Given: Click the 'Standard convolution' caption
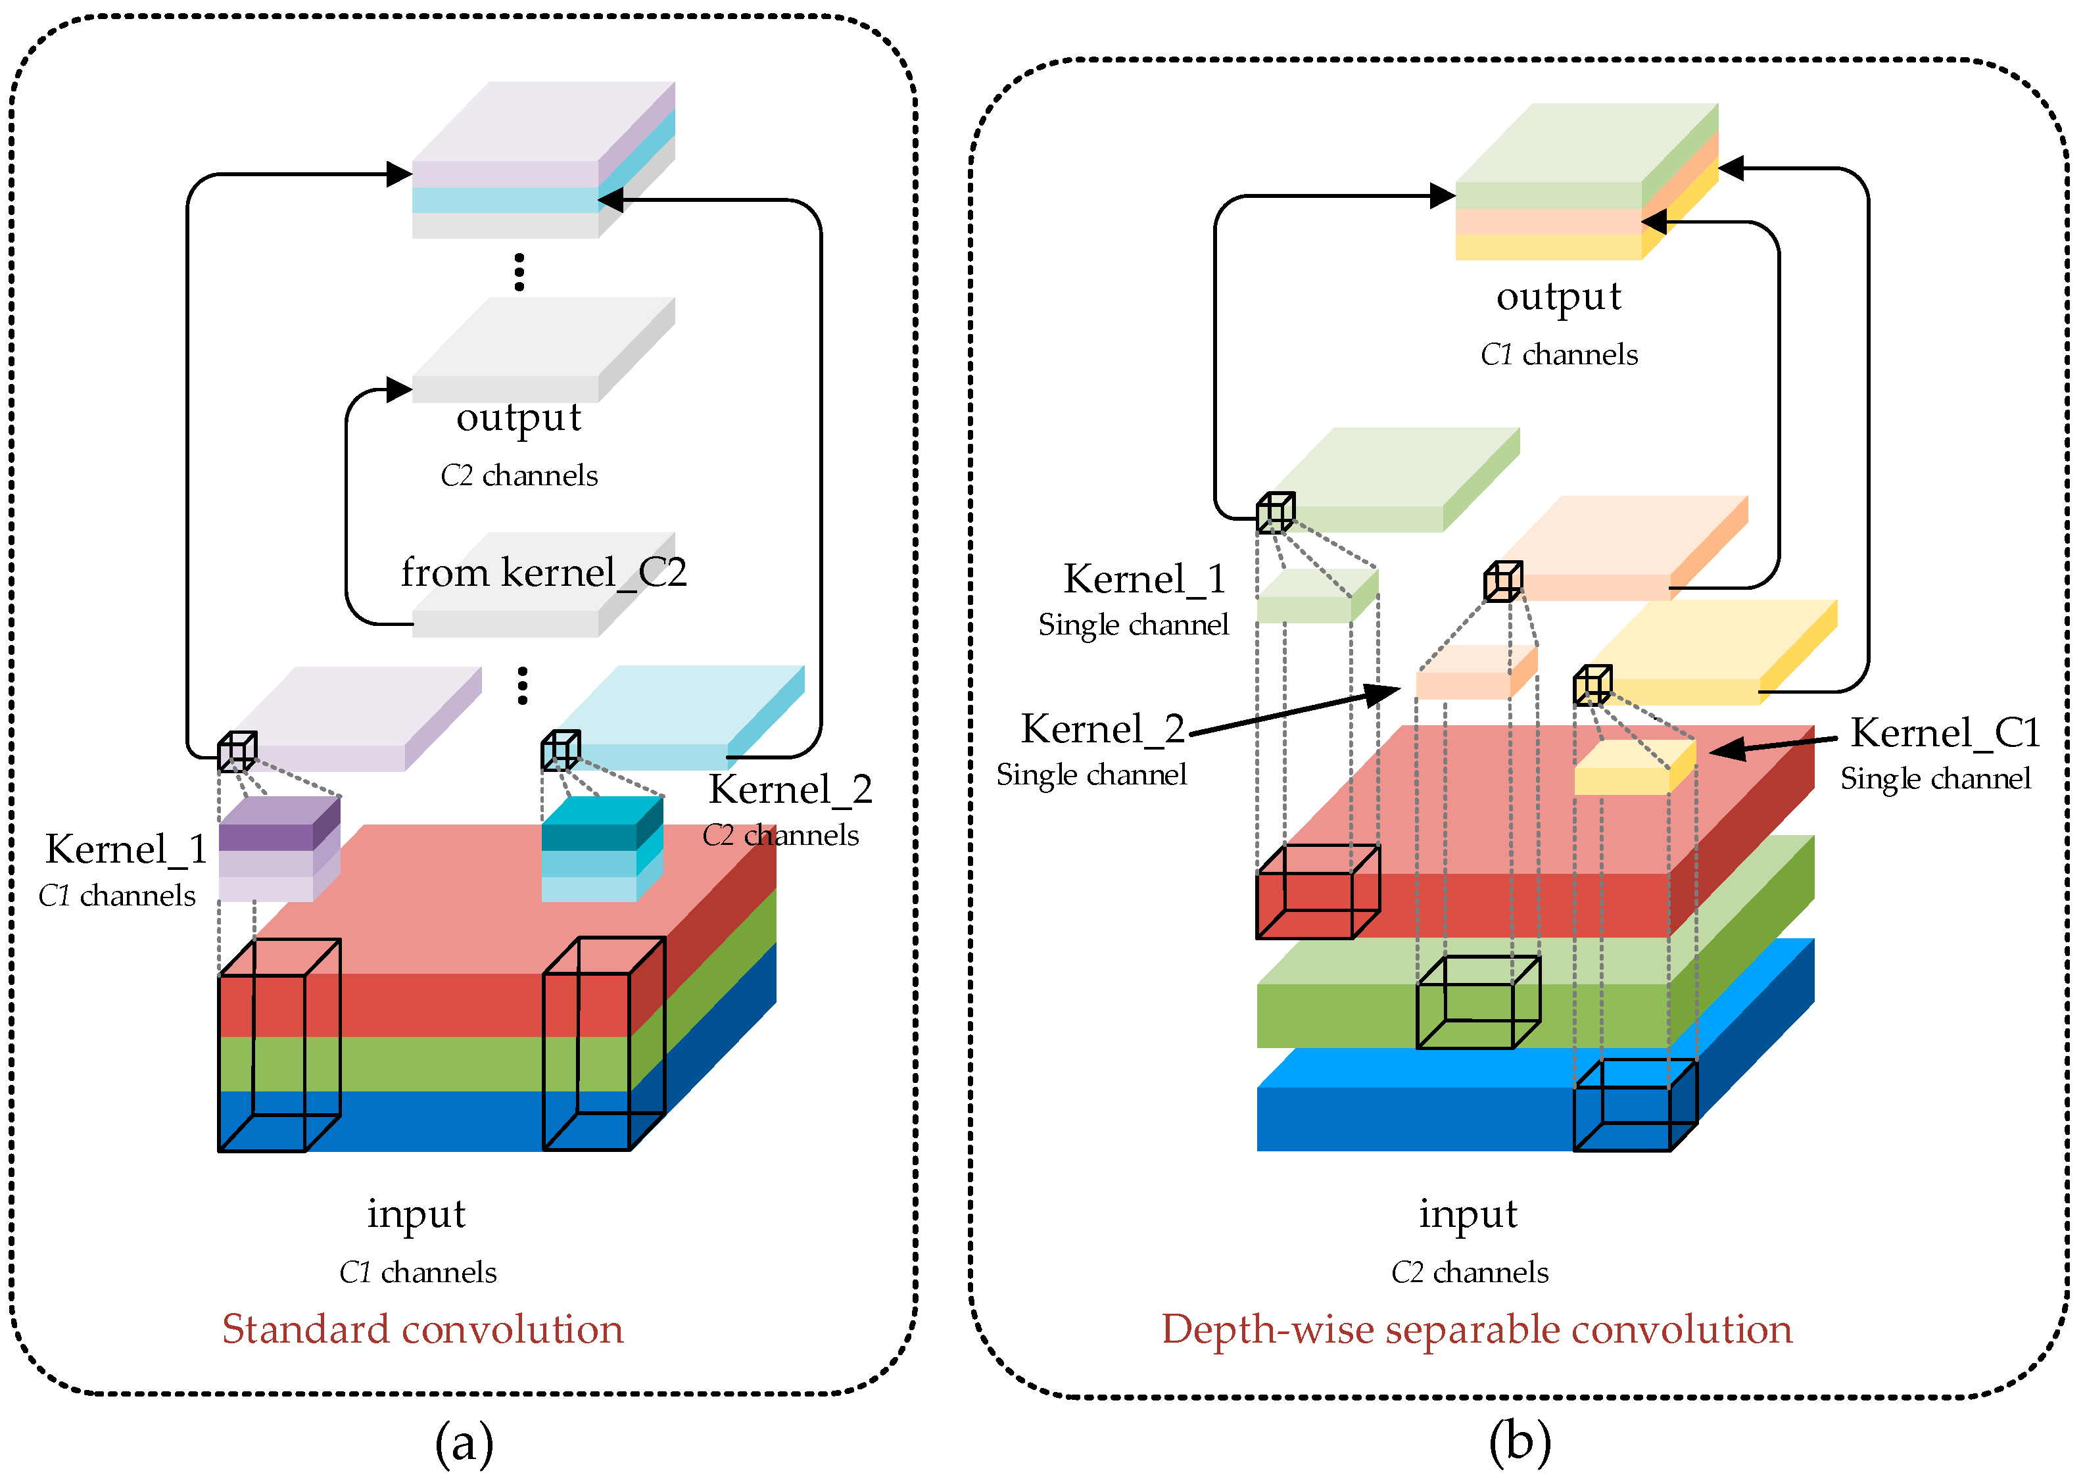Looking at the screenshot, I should (x=422, y=1329).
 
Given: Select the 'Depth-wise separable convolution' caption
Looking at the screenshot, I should (x=1476, y=1329).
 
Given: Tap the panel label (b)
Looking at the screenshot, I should (x=1520, y=1441).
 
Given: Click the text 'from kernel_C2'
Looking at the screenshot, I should (x=544, y=573).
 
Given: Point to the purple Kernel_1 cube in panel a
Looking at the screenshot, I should (x=279, y=850).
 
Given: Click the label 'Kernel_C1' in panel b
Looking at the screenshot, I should (x=1945, y=733).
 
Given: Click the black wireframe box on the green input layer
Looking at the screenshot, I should (x=1477, y=1003).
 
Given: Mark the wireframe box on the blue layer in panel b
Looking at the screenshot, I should (x=1635, y=1105).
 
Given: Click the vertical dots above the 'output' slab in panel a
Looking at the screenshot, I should (x=519, y=272).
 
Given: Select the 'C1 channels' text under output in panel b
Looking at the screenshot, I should (x=1558, y=354).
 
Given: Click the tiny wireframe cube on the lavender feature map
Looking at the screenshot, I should (x=237, y=751).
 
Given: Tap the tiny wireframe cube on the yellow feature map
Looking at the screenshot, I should (x=1592, y=685).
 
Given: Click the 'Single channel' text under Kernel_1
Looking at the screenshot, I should (x=1133, y=625).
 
